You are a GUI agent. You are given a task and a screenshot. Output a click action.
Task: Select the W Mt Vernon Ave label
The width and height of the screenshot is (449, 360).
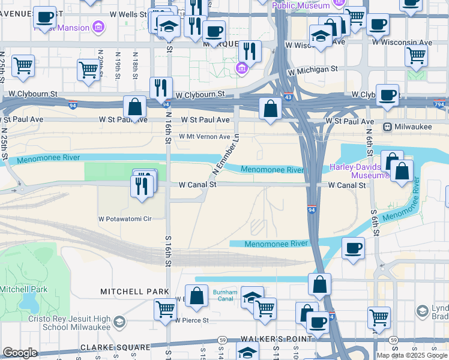coord(205,137)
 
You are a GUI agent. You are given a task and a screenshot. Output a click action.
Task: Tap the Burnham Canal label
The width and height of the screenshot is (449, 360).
coord(225,296)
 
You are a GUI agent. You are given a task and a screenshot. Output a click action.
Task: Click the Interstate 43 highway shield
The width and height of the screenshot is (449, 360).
coord(289,97)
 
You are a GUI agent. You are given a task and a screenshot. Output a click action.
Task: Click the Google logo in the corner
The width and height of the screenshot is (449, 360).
coord(20,353)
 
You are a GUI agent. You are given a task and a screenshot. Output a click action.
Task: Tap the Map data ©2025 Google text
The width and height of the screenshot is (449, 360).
coord(412,355)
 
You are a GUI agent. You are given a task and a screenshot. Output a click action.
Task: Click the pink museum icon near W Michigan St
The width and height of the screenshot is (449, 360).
coord(242,68)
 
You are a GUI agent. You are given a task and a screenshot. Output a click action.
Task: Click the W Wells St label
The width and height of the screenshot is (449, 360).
coord(127,13)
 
